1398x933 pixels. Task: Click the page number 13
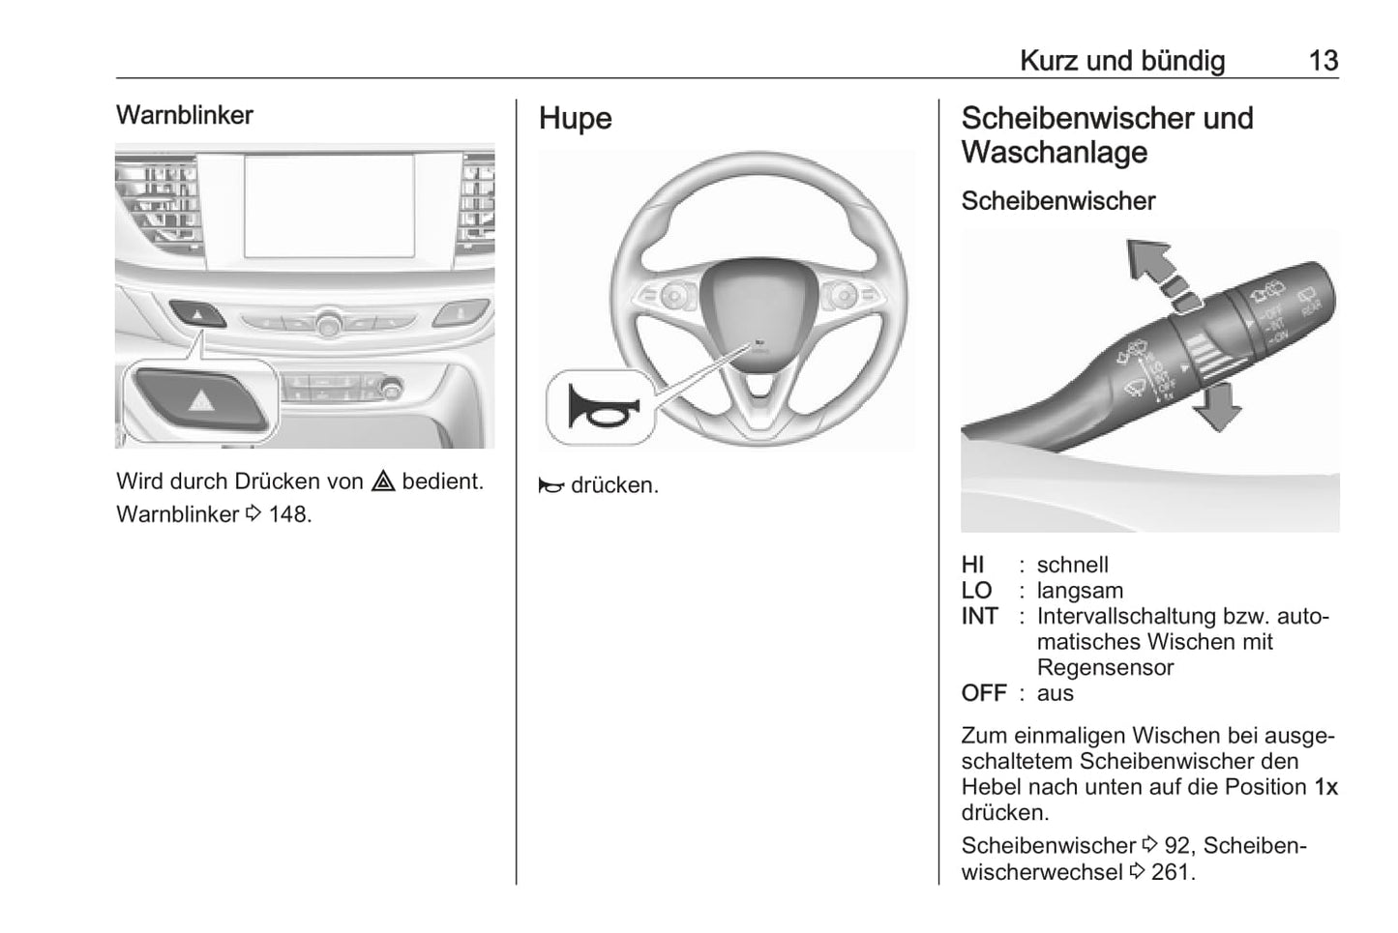point(1323,61)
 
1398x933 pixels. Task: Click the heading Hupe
point(575,118)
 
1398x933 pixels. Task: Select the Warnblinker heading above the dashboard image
point(184,115)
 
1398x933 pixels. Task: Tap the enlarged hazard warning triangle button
point(201,399)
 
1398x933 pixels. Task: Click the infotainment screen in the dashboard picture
point(329,206)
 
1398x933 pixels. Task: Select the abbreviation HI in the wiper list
point(972,565)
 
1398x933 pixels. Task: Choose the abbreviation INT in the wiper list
point(979,616)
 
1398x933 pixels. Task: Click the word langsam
point(1080,591)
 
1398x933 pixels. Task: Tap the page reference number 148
point(289,514)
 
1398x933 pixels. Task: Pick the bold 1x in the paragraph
point(1325,787)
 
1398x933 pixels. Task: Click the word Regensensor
point(1105,667)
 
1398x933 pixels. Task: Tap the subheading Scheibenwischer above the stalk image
point(1057,201)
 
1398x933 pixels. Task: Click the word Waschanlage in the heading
point(1054,152)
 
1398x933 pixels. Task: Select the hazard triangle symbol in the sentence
point(383,481)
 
